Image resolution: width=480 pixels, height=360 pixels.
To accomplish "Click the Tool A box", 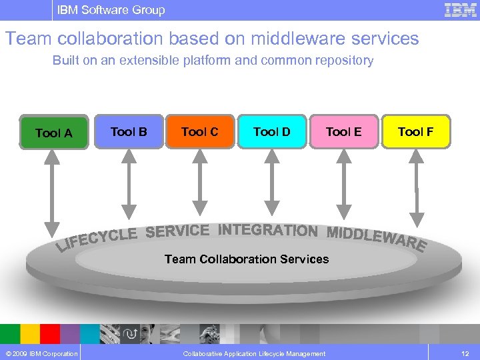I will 54,133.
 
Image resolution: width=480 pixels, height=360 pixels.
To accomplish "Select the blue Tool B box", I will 129,131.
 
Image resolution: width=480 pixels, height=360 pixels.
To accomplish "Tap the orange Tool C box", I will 200,131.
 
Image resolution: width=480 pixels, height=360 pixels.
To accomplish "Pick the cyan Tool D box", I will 272,131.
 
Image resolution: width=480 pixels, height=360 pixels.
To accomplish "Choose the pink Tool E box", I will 344,131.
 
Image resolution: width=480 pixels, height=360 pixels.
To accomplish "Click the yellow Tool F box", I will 415,131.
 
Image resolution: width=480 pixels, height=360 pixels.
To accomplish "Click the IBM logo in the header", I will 461,10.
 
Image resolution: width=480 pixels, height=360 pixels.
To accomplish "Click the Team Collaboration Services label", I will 247,259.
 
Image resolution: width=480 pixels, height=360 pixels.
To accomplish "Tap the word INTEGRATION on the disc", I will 267,230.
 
